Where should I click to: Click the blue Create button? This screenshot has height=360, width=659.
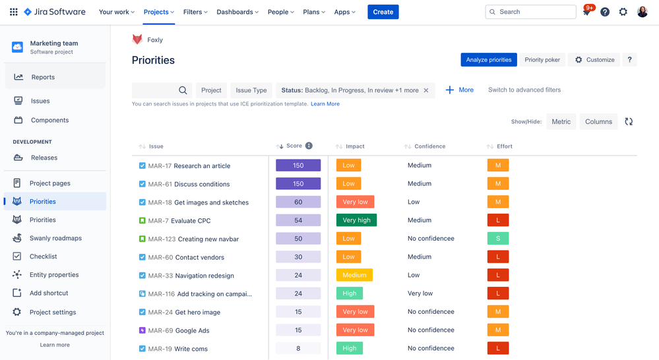[x=383, y=12]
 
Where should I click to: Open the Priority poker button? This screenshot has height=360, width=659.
[x=542, y=60]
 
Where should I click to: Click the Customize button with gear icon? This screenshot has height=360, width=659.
[x=594, y=60]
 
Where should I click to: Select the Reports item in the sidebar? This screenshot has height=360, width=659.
[x=43, y=77]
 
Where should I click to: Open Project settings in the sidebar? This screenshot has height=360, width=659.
[x=52, y=313]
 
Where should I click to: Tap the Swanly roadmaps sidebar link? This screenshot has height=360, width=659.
[x=55, y=238]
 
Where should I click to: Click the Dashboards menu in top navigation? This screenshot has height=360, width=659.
[x=237, y=12]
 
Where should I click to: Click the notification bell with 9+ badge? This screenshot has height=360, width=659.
[x=586, y=13]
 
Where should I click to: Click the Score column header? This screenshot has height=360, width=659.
[x=294, y=146]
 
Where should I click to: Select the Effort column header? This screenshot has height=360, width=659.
[x=504, y=146]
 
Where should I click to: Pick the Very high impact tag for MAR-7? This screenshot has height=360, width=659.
[x=356, y=220]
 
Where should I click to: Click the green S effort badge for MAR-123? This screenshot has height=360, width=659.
[x=498, y=239]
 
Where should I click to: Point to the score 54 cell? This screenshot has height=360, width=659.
[x=298, y=220]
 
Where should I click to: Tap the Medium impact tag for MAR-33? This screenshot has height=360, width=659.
[x=354, y=276]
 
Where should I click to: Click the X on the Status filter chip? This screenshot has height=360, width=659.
[x=426, y=90]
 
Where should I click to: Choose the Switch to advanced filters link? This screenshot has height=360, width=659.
[x=524, y=90]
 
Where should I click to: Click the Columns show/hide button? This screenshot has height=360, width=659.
[x=598, y=121]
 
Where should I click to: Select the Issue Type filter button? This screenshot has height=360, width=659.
[x=251, y=90]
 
